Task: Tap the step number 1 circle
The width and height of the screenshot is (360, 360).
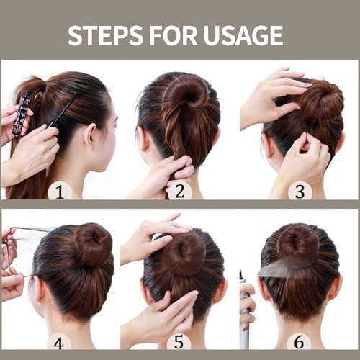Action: [x=59, y=191]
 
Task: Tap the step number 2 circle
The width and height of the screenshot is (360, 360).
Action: [x=179, y=191]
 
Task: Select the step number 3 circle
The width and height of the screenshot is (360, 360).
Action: [x=300, y=191]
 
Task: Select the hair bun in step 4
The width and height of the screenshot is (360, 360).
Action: [x=93, y=246]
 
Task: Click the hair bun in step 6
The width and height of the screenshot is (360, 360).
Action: [x=297, y=245]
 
